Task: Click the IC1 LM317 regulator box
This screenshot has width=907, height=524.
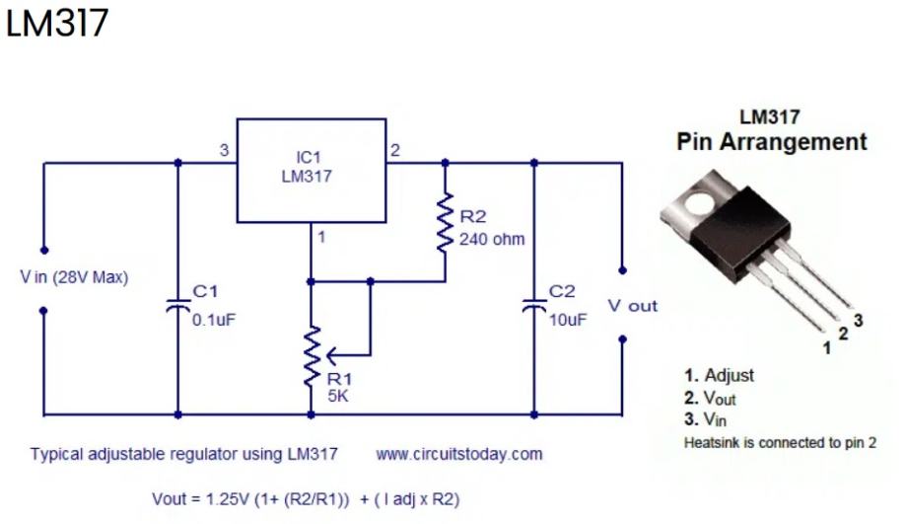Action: coord(312,170)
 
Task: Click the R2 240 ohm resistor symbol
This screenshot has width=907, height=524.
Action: coord(445,226)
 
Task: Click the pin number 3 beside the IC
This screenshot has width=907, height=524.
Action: coord(224,151)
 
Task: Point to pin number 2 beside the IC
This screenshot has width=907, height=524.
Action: coord(395,151)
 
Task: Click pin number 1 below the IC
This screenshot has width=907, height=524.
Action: coord(321,237)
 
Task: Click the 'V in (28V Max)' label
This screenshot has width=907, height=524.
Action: coord(74,277)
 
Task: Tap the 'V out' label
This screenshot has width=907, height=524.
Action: coord(632,306)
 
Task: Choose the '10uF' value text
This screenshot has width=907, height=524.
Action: coord(567,320)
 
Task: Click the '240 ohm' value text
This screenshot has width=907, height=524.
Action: coord(492,239)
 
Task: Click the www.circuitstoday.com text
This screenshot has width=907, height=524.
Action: coord(458,455)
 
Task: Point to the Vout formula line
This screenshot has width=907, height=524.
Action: coord(306,498)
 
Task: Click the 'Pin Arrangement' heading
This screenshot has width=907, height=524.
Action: coord(771,142)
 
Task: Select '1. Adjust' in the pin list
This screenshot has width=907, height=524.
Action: coord(719,375)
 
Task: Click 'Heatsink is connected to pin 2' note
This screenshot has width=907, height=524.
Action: coord(780,443)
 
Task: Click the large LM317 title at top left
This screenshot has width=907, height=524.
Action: coord(56,25)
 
